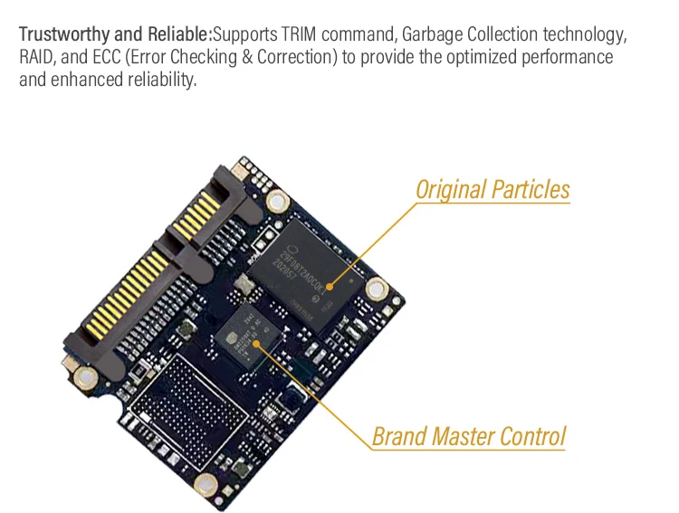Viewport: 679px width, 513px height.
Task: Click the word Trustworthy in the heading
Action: pyautogui.click(x=62, y=35)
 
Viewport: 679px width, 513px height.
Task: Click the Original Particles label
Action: pyautogui.click(x=493, y=190)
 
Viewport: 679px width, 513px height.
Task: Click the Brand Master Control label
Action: pyautogui.click(x=469, y=436)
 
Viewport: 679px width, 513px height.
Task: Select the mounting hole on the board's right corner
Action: pyautogui.click(x=376, y=289)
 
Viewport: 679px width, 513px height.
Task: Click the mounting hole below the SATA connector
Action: pyautogui.click(x=83, y=377)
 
